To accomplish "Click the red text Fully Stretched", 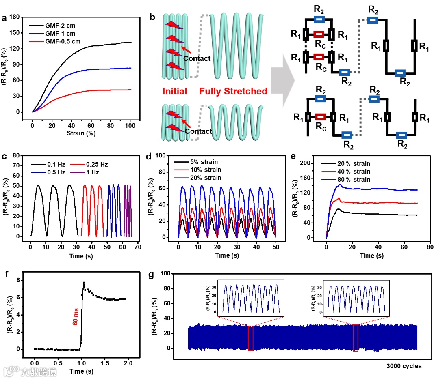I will click(233, 92).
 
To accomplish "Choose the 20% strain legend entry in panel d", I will click(205, 178).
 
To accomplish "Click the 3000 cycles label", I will click(404, 366).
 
